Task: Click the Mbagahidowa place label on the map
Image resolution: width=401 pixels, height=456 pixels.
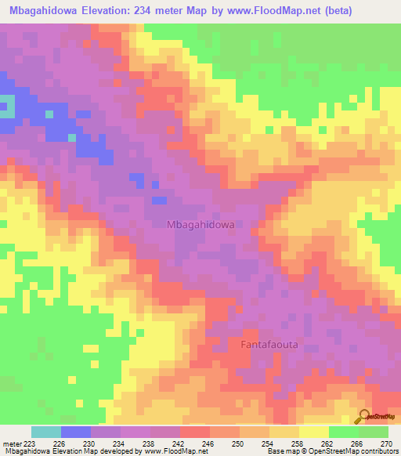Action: [x=200, y=224]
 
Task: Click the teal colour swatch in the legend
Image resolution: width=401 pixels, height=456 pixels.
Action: [x=46, y=432]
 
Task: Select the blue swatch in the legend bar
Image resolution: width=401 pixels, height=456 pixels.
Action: [x=76, y=432]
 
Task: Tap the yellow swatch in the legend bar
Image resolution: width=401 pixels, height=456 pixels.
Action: [x=314, y=432]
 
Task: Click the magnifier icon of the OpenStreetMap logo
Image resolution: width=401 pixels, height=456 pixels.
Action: [x=364, y=416]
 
